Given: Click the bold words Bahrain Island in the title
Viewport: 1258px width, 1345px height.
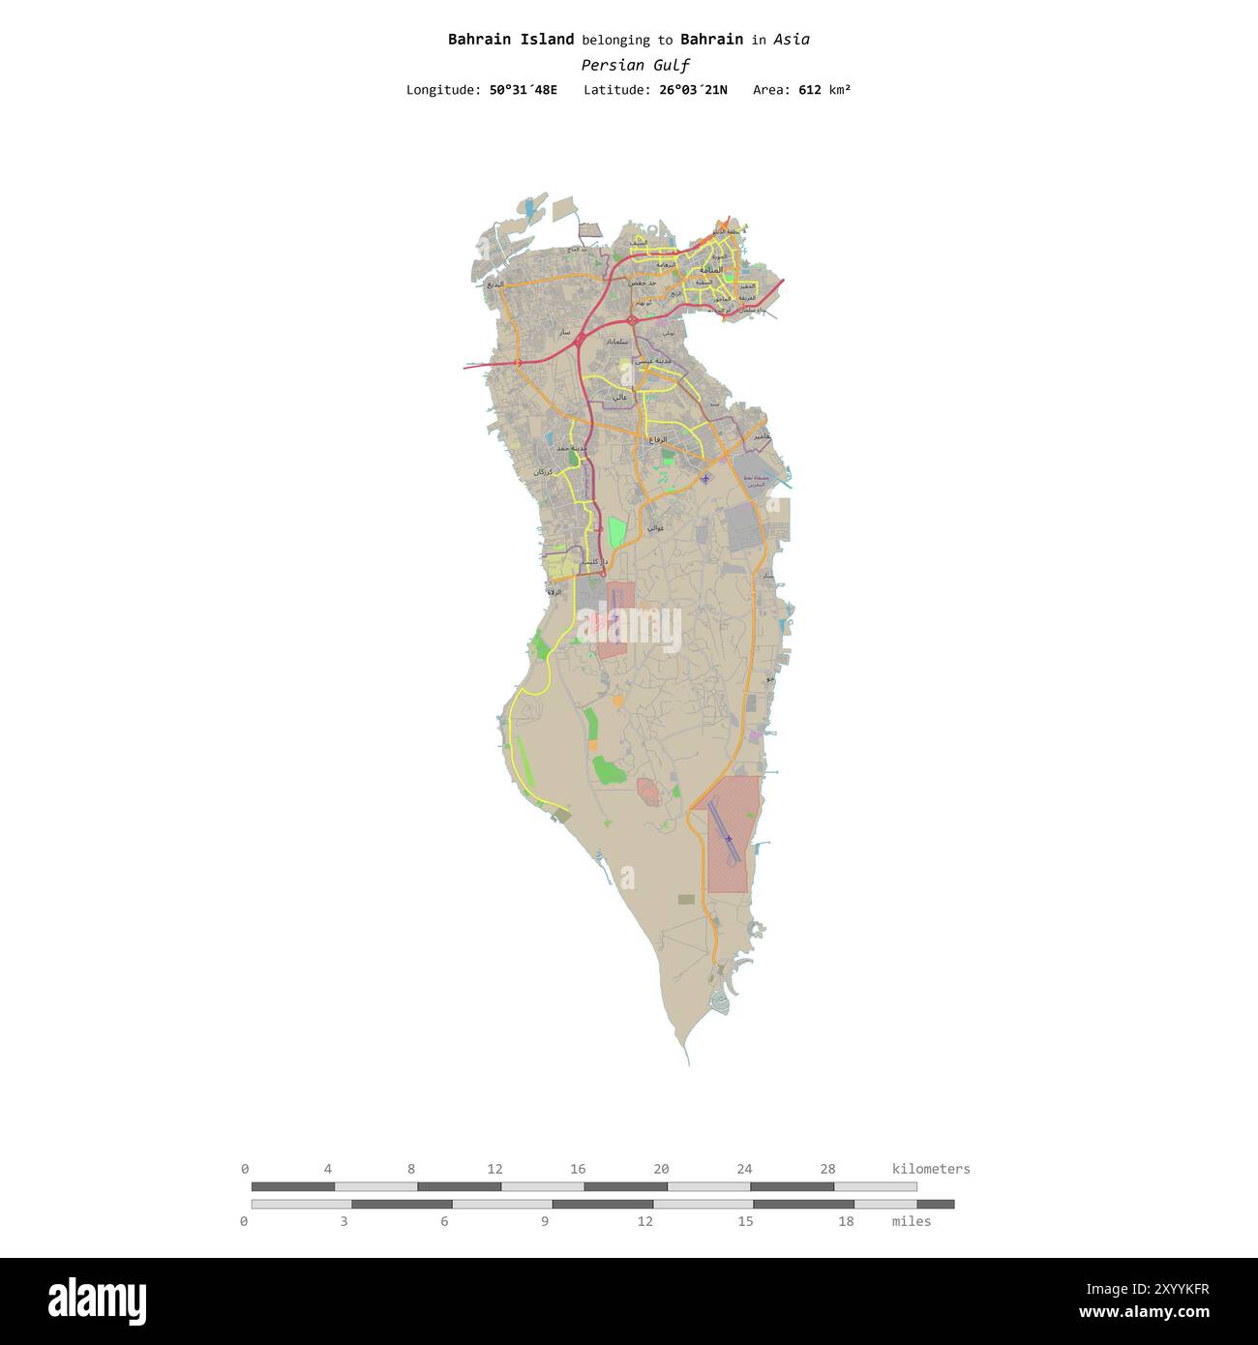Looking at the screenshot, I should [x=510, y=40].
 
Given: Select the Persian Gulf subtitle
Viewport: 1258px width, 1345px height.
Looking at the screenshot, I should [x=635, y=66].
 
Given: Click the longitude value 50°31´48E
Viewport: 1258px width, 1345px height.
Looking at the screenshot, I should [x=523, y=90].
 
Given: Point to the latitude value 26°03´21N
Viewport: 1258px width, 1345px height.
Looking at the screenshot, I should [x=693, y=90].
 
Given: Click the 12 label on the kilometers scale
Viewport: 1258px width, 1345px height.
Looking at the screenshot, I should [x=494, y=1169].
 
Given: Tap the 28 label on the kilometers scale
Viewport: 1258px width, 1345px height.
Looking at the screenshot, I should [x=827, y=1169].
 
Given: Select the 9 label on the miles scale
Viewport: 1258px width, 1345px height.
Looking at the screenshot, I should [x=545, y=1221].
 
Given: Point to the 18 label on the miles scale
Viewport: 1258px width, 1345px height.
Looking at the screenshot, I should [x=846, y=1221].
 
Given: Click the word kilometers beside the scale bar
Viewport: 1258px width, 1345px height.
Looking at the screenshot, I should [x=930, y=1169].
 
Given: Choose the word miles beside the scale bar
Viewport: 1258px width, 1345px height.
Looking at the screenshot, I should [x=911, y=1221].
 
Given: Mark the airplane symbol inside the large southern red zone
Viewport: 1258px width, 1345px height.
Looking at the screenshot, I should [x=729, y=839].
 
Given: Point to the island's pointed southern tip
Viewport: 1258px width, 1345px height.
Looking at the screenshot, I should [x=688, y=1062].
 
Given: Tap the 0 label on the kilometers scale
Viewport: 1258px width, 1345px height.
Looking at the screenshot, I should [x=245, y=1169].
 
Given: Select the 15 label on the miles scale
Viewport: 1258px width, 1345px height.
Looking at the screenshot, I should [x=745, y=1221].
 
